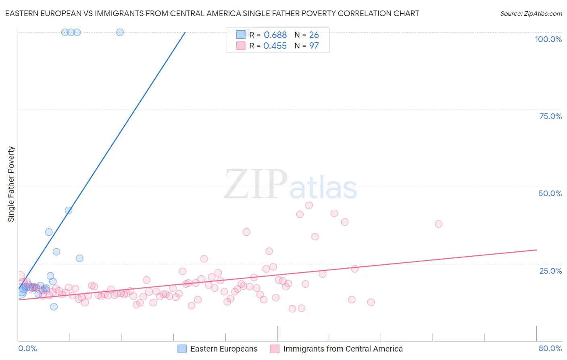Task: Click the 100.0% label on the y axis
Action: click(x=548, y=39)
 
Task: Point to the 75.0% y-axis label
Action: click(x=550, y=116)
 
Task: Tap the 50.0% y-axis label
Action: click(x=550, y=193)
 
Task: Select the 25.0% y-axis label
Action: click(x=550, y=271)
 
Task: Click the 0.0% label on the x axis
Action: click(x=27, y=348)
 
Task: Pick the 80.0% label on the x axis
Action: click(x=550, y=348)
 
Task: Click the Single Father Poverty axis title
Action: click(x=11, y=184)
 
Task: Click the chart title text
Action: click(x=212, y=13)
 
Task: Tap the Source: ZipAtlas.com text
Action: click(x=531, y=13)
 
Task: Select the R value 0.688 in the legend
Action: click(x=275, y=35)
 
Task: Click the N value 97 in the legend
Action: click(x=314, y=46)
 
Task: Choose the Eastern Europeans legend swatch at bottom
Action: click(x=182, y=349)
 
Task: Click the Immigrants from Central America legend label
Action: click(x=343, y=349)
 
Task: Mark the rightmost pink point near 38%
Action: click(x=438, y=224)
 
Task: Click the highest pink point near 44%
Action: click(x=309, y=205)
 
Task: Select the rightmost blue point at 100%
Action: click(x=120, y=32)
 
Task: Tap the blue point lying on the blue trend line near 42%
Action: click(x=69, y=210)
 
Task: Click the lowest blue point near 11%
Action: click(x=54, y=307)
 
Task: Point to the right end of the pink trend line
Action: click(x=536, y=250)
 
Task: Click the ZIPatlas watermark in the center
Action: click(x=290, y=184)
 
